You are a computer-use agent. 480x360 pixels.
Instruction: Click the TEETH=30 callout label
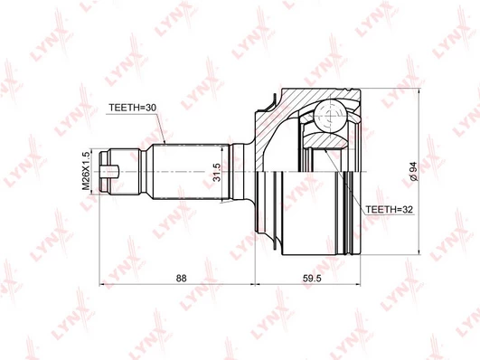[133, 108]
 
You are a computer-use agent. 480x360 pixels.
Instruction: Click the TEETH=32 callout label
[390, 210]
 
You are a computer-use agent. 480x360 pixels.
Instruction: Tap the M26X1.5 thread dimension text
[86, 170]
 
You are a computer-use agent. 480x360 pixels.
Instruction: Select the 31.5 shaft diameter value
[217, 172]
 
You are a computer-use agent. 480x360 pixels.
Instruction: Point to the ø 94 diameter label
[414, 171]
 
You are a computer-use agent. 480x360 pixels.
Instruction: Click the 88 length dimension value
[181, 279]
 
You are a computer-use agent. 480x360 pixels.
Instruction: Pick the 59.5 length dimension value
[312, 279]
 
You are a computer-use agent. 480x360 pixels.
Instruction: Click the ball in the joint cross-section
[331, 116]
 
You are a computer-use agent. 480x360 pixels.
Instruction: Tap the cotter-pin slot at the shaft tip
[109, 171]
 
